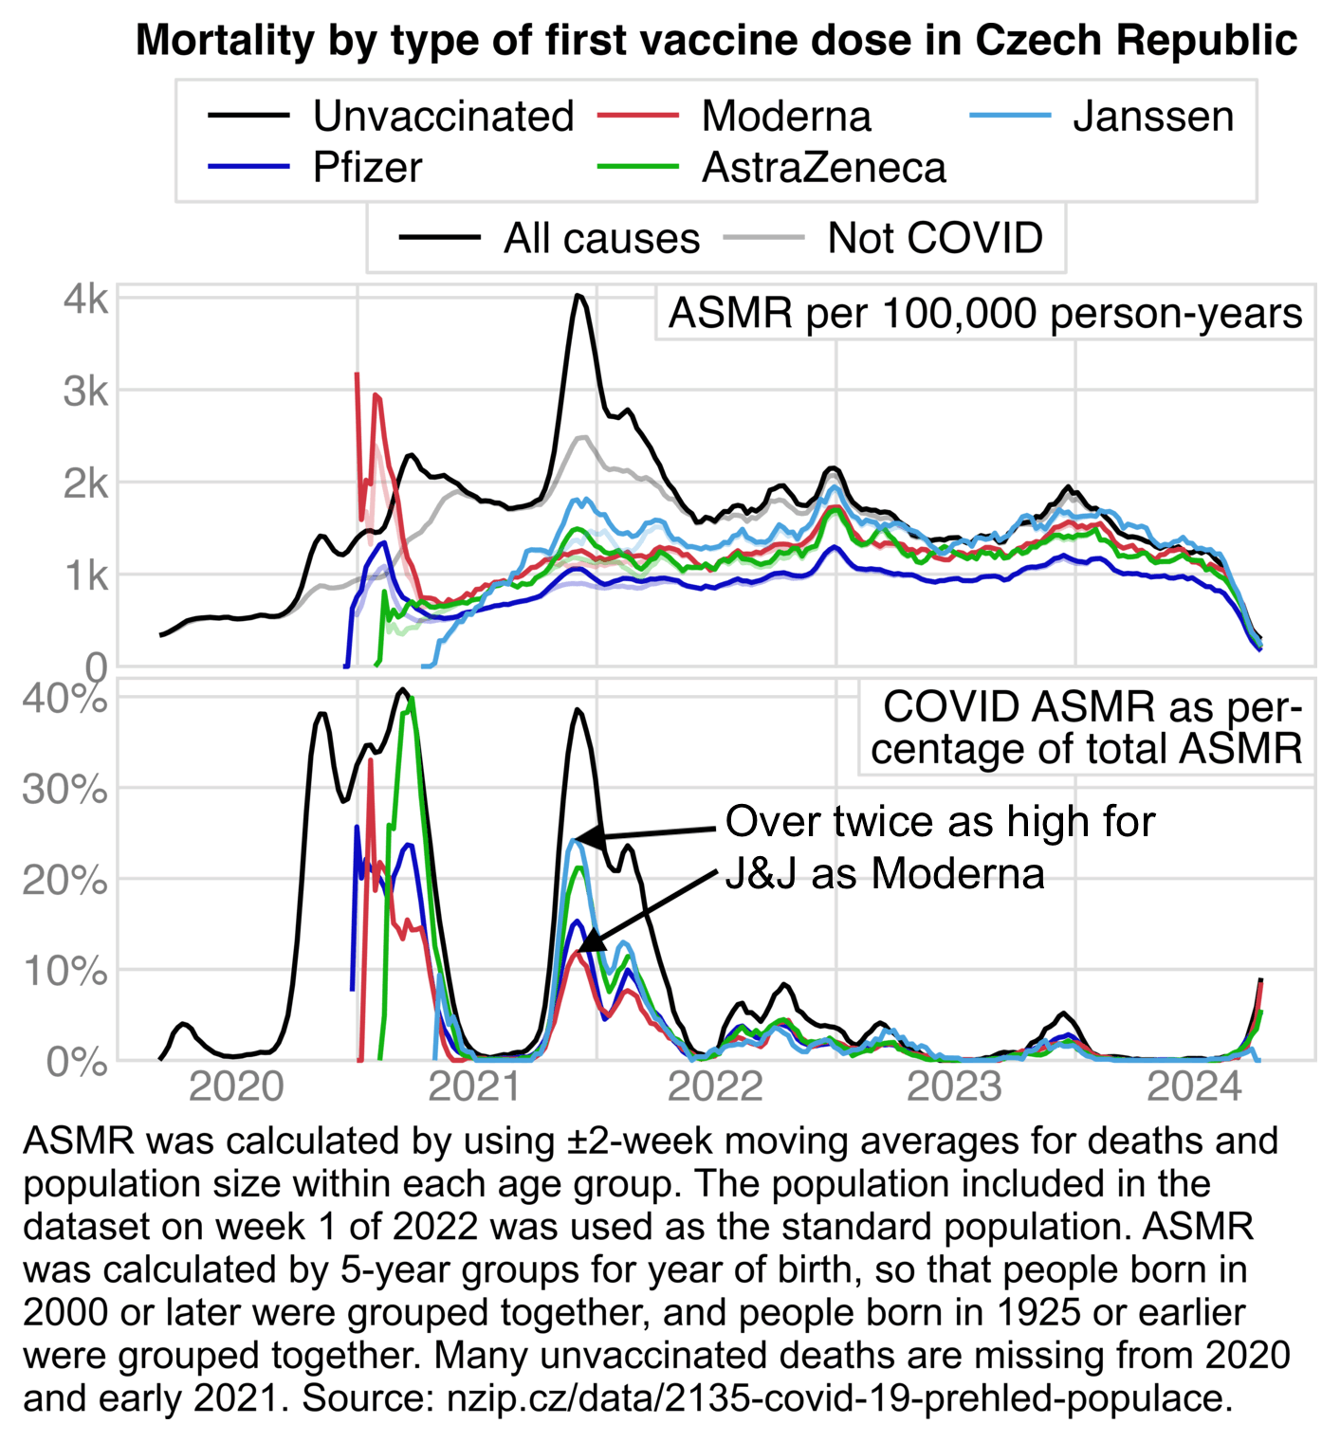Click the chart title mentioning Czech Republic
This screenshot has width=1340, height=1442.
pyautogui.click(x=716, y=41)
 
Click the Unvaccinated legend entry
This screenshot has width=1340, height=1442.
pyautogui.click(x=443, y=117)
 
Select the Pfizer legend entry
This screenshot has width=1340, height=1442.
pyautogui.click(x=367, y=168)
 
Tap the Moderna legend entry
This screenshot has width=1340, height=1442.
pyautogui.click(x=785, y=117)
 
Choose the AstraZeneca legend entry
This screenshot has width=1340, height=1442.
pyautogui.click(x=823, y=168)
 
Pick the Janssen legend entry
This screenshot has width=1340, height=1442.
pyautogui.click(x=1152, y=117)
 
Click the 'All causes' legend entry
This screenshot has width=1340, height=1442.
pyautogui.click(x=601, y=238)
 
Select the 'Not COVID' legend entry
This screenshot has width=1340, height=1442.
pyautogui.click(x=934, y=238)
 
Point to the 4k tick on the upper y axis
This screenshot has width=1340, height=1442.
pyautogui.click(x=86, y=299)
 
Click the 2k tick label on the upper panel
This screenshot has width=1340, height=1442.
pyautogui.click(x=86, y=484)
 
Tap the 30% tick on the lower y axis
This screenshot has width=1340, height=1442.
pyautogui.click(x=65, y=789)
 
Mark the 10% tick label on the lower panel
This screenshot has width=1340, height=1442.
pyautogui.click(x=65, y=971)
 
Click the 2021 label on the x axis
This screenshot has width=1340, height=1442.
pyautogui.click(x=475, y=1086)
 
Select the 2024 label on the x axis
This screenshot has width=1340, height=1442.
pyautogui.click(x=1194, y=1086)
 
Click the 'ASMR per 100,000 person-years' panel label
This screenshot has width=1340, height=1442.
pyautogui.click(x=984, y=314)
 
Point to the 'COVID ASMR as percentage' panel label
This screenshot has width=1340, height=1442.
pyautogui.click(x=1087, y=728)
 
